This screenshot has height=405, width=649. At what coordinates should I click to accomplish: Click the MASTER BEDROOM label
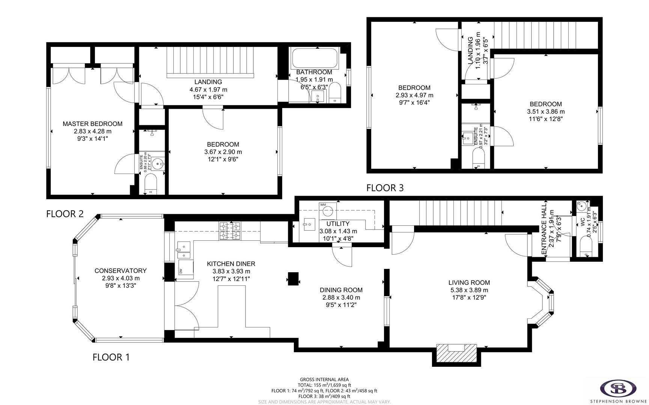click(92, 124)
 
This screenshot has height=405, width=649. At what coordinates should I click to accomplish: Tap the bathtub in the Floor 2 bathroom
click(315, 58)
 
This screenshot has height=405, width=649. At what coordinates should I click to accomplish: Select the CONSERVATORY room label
click(120, 271)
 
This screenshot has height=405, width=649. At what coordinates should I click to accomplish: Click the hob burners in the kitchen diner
click(230, 231)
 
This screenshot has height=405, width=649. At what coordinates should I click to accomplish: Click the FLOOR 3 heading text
click(385, 188)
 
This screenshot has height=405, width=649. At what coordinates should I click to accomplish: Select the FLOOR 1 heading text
click(111, 357)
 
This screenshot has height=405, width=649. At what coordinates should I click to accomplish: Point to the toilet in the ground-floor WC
click(586, 248)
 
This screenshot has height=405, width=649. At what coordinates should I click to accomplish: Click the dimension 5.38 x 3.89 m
click(469, 290)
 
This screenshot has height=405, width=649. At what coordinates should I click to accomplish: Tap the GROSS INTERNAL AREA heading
click(324, 379)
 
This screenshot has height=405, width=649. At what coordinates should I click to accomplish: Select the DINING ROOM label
click(341, 290)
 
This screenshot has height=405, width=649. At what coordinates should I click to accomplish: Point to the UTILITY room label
click(338, 224)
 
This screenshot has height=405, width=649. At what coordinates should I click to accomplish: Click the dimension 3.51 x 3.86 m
click(546, 112)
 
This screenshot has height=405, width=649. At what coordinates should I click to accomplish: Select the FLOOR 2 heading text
click(65, 214)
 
